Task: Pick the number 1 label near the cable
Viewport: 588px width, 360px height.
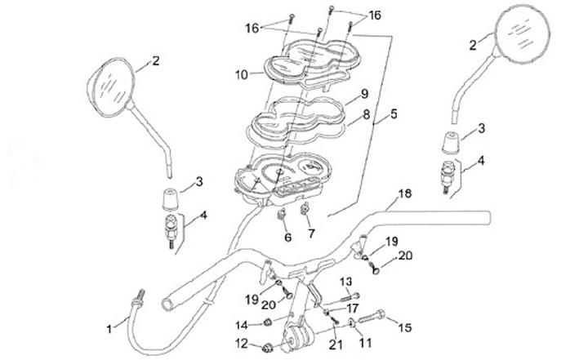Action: (112, 328)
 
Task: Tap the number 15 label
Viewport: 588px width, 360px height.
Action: (403, 327)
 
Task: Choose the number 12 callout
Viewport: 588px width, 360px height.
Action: (241, 343)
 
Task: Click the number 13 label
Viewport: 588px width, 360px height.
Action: (345, 282)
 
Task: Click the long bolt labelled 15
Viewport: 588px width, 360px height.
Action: (373, 316)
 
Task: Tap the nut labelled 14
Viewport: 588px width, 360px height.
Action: (266, 323)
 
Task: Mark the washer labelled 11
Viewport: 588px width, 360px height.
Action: (351, 327)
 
